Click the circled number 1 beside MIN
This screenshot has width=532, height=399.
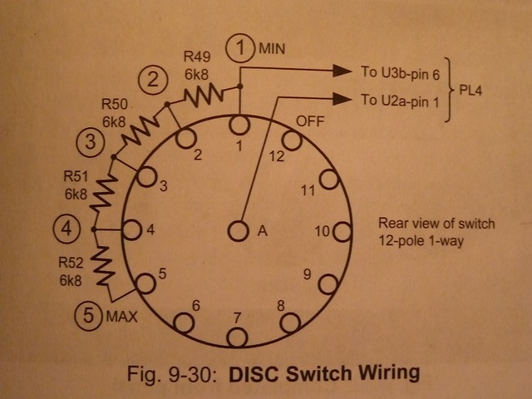(241, 48)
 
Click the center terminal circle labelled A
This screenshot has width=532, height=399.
(239, 230)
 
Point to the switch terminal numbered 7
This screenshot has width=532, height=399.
(239, 337)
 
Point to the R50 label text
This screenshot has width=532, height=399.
(114, 106)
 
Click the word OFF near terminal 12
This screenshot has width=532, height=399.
(309, 121)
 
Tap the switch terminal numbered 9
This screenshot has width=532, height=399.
(329, 283)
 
